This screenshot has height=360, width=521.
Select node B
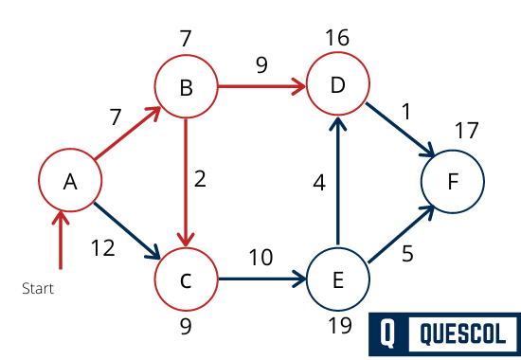coord(186,89)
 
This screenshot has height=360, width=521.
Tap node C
coord(186,279)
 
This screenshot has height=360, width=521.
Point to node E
coord(337,279)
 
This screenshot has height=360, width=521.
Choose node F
coord(452,181)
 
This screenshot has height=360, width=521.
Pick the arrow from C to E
coord(261,279)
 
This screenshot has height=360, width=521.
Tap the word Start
coord(38,288)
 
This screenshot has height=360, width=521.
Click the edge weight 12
coord(103,248)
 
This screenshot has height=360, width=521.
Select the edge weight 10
coord(261,258)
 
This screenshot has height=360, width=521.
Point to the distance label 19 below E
coord(337,328)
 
